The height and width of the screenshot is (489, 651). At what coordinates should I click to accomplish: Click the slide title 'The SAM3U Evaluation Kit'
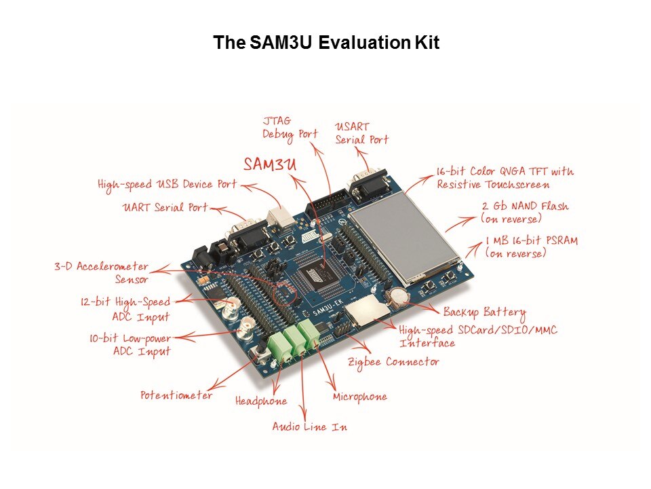click(326, 42)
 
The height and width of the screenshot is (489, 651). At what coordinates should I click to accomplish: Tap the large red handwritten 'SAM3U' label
click(270, 164)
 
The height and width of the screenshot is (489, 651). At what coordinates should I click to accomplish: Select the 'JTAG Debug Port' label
click(290, 128)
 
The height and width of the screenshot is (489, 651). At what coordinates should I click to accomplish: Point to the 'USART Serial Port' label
click(361, 133)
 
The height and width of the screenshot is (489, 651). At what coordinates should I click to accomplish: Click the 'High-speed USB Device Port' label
click(167, 185)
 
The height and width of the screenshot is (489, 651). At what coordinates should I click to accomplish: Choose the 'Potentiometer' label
click(176, 395)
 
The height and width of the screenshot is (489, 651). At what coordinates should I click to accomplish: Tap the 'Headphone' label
click(260, 401)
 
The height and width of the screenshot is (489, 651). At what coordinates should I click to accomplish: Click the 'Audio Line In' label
click(310, 427)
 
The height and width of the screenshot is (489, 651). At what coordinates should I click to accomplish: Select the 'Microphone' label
click(359, 397)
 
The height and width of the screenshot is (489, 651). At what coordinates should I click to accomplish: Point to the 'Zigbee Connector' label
click(393, 363)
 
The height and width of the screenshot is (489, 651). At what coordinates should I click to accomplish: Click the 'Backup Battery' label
click(484, 312)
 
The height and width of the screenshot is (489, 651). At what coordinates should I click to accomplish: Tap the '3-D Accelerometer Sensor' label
click(101, 273)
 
